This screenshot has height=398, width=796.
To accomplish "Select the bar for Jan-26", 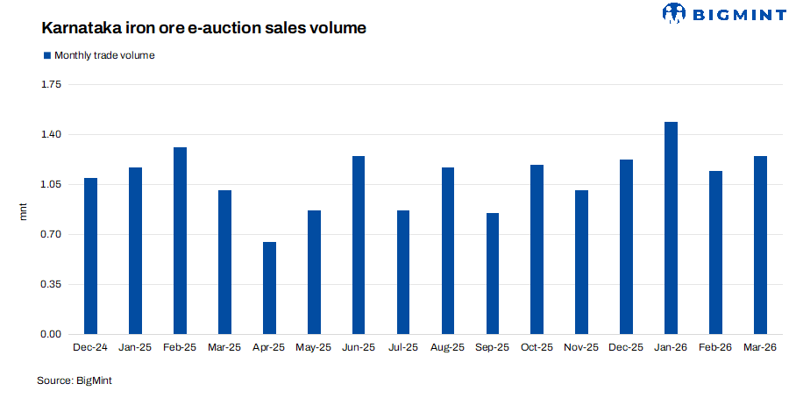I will click(x=672, y=228).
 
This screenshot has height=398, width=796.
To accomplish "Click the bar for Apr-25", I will click(x=269, y=288).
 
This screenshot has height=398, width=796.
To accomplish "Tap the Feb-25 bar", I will click(x=180, y=241).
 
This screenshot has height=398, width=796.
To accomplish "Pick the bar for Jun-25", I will click(x=359, y=245).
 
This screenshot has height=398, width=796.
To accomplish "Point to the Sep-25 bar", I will click(x=493, y=274).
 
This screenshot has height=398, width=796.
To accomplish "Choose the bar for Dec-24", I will click(x=90, y=256).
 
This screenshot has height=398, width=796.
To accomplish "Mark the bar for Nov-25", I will click(x=582, y=262).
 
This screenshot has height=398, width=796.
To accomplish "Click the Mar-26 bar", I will click(x=760, y=245).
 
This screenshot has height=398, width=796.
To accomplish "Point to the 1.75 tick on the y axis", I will click(x=50, y=85).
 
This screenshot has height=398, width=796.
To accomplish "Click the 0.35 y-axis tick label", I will click(x=50, y=285).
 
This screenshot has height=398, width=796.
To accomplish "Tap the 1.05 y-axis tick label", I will click(x=50, y=185).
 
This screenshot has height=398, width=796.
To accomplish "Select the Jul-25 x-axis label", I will click(x=403, y=348).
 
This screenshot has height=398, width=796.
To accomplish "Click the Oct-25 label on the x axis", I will click(x=537, y=348).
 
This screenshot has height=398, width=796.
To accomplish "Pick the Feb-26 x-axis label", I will click(x=715, y=348).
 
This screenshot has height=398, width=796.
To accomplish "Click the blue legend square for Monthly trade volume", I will click(x=47, y=55).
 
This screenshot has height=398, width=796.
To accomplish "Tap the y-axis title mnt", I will click(x=24, y=210).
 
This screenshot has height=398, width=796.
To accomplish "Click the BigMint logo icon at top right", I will click(x=674, y=13).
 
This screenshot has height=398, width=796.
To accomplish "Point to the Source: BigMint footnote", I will click(x=75, y=380).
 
